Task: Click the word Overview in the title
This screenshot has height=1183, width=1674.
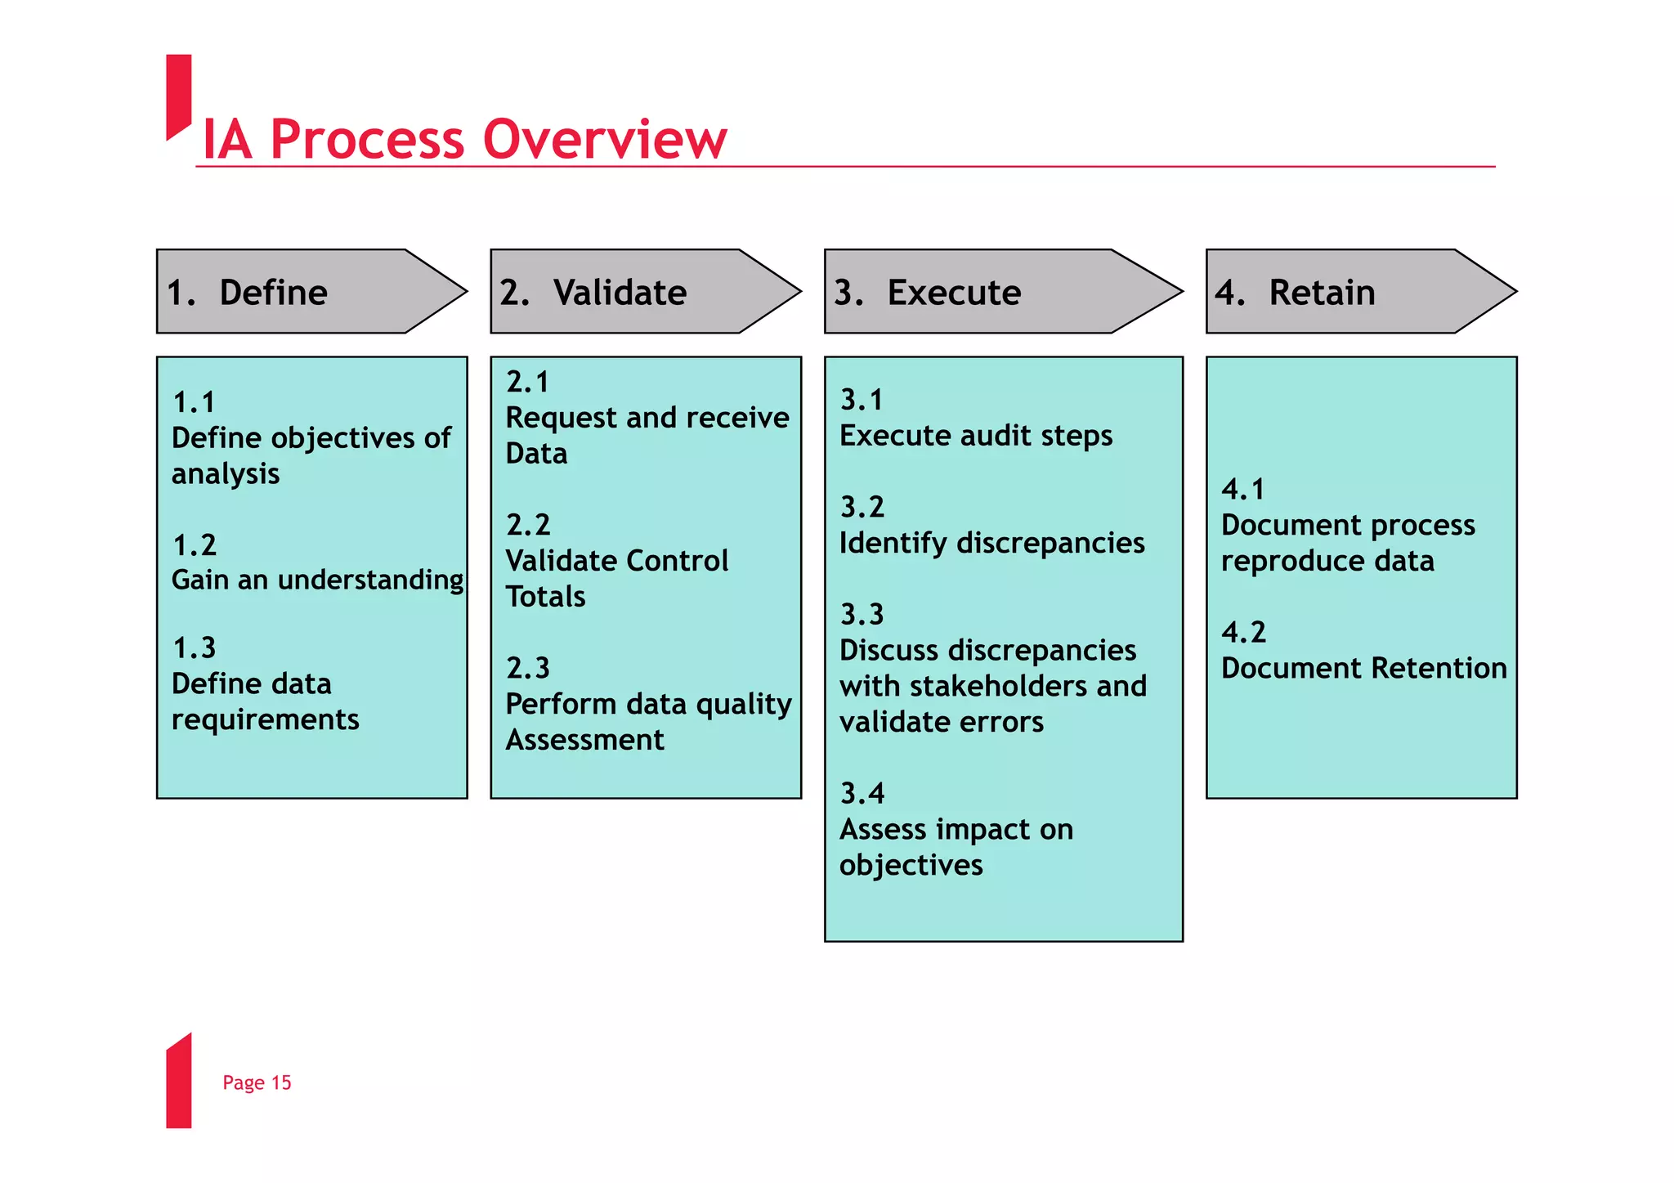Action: coord(604,139)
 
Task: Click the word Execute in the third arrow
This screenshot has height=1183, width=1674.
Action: coord(954,293)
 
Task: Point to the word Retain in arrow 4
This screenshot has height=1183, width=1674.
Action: coord(1322,293)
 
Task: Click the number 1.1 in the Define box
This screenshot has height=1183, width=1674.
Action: coord(195,402)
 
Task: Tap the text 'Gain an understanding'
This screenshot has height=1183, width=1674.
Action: coord(317,580)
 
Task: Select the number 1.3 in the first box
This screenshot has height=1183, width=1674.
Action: coord(195,648)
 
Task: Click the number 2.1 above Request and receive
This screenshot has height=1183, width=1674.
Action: coord(528,382)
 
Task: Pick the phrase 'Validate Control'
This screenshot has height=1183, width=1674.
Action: coord(616,561)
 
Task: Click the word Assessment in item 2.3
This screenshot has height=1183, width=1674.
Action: coord(584,740)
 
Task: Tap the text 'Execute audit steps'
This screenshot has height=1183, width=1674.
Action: coord(976,436)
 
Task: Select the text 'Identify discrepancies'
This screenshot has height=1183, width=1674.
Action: coord(991,543)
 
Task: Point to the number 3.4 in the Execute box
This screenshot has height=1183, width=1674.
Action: coord(862,793)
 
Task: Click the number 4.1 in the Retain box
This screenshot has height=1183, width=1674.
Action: coord(1242,490)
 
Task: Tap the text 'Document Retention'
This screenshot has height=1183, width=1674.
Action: coord(1363,668)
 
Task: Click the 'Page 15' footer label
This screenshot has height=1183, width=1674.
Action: coord(257,1082)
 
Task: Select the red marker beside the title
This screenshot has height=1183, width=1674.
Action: coord(178,94)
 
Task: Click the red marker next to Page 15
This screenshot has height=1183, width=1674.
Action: coord(178,1082)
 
